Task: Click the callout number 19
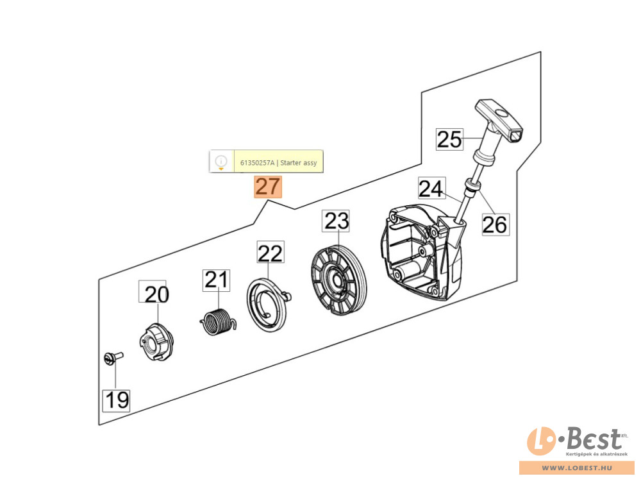click(116, 400)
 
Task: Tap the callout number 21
click(216, 280)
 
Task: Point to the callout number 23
click(336, 221)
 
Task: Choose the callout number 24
click(431, 189)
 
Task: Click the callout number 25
click(449, 139)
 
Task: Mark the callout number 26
click(495, 224)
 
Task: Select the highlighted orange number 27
click(268, 187)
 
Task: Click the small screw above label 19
click(113, 358)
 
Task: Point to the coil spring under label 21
click(219, 321)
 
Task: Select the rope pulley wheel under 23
click(338, 280)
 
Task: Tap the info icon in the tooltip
click(221, 161)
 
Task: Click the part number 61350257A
click(257, 163)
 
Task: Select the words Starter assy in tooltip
click(299, 163)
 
